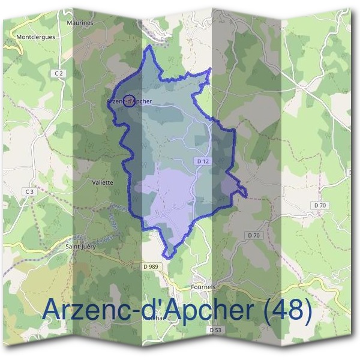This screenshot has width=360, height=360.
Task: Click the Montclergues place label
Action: [36, 37]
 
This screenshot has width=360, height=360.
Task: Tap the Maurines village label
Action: [80, 23]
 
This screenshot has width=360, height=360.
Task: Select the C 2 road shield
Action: [58, 73]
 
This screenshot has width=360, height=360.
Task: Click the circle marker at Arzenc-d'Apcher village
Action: [128, 100]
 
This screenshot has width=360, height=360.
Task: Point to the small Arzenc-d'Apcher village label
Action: [130, 101]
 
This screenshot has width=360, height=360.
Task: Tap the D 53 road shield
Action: [216, 330]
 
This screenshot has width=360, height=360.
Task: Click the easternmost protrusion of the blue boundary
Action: [247, 192]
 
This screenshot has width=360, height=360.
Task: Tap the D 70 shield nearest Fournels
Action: [254, 235]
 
